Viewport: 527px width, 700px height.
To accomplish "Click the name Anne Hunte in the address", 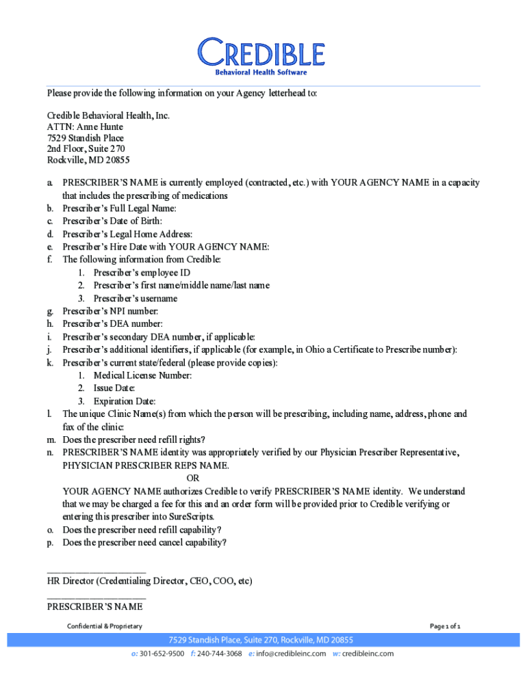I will click(x=100, y=126).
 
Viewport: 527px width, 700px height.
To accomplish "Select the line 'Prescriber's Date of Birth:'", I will click(x=112, y=221).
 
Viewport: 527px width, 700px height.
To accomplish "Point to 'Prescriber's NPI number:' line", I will click(x=110, y=311).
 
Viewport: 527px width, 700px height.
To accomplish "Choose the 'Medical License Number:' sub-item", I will click(x=142, y=375).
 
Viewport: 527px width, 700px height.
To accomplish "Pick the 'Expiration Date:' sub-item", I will click(x=125, y=401).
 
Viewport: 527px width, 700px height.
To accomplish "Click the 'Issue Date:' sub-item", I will click(x=114, y=388).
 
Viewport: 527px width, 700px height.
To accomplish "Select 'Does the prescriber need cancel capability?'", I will click(x=144, y=543).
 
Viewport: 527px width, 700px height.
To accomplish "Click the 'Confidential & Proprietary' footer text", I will click(x=104, y=626).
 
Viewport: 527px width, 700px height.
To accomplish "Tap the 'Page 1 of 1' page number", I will click(x=445, y=626).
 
